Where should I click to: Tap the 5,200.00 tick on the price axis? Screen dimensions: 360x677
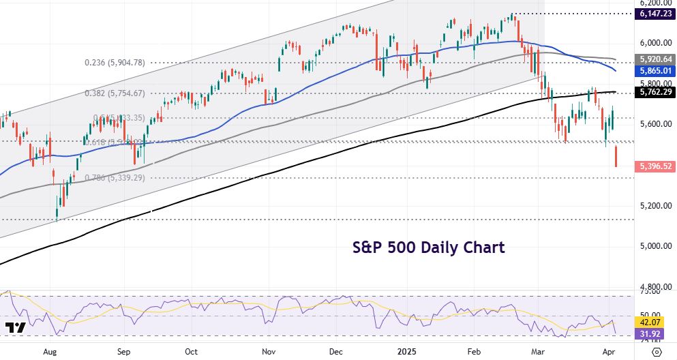(x=655, y=205)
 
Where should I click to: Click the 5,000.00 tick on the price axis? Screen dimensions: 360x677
(x=655, y=246)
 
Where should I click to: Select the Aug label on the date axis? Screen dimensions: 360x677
(x=49, y=352)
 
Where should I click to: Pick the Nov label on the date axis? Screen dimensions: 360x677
(x=269, y=352)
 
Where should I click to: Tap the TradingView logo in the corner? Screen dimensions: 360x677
(x=15, y=328)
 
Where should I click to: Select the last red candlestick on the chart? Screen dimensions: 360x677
(x=616, y=156)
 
